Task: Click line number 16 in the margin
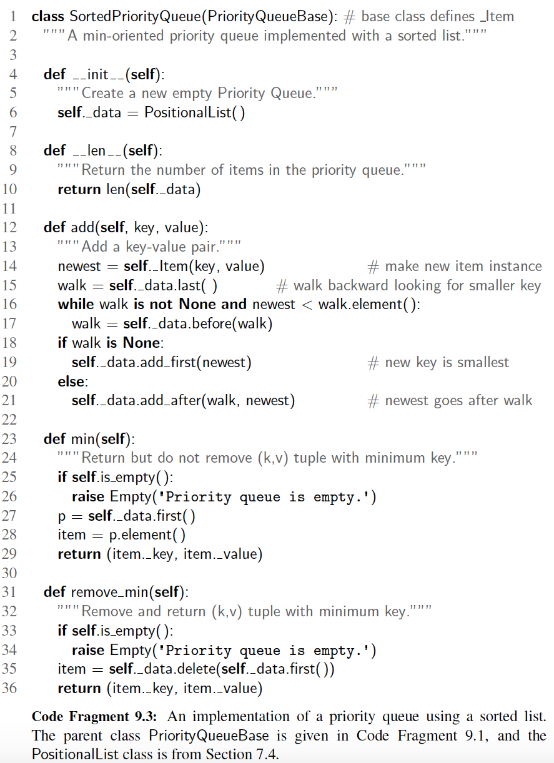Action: (9, 304)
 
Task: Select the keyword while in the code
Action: (76, 304)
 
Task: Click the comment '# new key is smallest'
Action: (438, 362)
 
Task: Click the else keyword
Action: (72, 381)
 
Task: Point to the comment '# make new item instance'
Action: (455, 266)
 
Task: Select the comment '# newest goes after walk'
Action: (450, 400)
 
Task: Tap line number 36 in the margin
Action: (9, 688)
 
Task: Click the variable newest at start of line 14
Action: (79, 267)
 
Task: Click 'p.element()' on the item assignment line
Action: (147, 535)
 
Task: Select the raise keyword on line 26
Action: (88, 496)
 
